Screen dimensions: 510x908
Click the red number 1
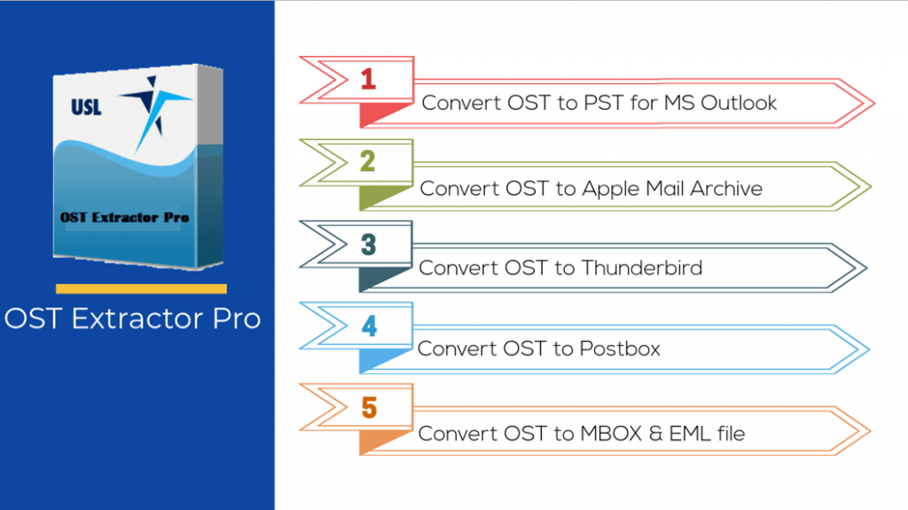point(368,78)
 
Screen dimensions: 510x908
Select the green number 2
point(368,161)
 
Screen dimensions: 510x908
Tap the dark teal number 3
point(368,243)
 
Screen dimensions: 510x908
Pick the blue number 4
point(368,326)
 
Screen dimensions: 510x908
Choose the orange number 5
point(368,408)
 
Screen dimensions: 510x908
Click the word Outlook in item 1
point(739,103)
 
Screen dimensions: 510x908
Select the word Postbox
point(620,349)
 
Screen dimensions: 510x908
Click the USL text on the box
point(86,108)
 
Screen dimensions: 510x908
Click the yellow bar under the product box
point(141,288)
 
